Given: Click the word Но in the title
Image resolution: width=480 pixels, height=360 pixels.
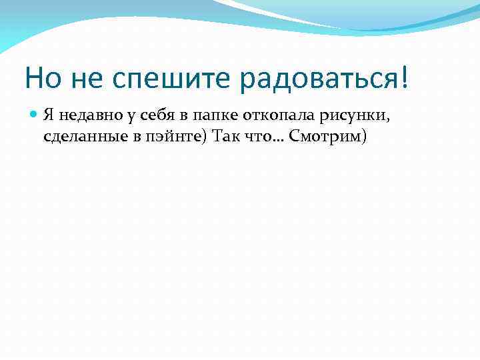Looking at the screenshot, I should (41, 78).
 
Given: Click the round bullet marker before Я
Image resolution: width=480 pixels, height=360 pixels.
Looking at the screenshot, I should (35, 115).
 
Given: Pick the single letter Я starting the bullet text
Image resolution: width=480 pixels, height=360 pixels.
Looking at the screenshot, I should (49, 115).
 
